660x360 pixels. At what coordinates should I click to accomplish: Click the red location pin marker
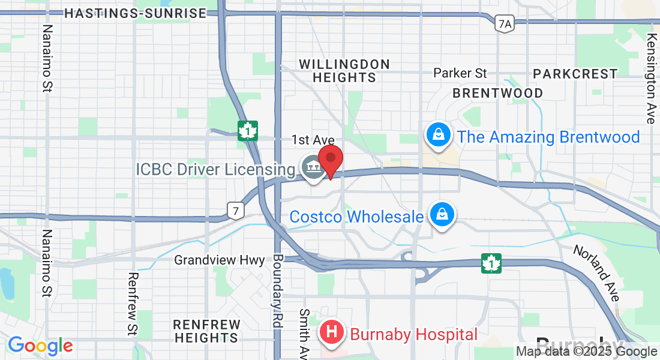[x=330, y=159]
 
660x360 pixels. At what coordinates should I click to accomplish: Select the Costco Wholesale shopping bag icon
[x=442, y=214]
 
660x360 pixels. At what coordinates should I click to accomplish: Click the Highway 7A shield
[x=505, y=23]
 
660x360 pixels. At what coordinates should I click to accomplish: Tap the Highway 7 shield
[x=235, y=209]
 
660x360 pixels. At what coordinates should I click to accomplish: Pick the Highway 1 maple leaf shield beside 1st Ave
[x=247, y=130]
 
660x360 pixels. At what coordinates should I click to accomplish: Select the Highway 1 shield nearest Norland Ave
[x=491, y=262]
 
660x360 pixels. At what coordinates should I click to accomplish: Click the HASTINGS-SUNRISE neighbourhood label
[x=135, y=13]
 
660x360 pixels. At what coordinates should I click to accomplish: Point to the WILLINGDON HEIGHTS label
[x=344, y=71]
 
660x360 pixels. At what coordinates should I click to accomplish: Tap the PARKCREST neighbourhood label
[x=575, y=74]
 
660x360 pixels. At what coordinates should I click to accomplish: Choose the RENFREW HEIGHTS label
[x=207, y=331]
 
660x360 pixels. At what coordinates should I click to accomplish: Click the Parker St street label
[x=460, y=73]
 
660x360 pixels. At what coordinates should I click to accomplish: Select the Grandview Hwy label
[x=220, y=260]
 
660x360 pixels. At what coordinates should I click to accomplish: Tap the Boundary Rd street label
[x=277, y=286]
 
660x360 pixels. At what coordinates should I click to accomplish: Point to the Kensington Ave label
[x=652, y=78]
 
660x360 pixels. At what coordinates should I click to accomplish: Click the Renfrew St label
[x=133, y=304]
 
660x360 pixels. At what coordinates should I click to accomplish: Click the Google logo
[x=40, y=346]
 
